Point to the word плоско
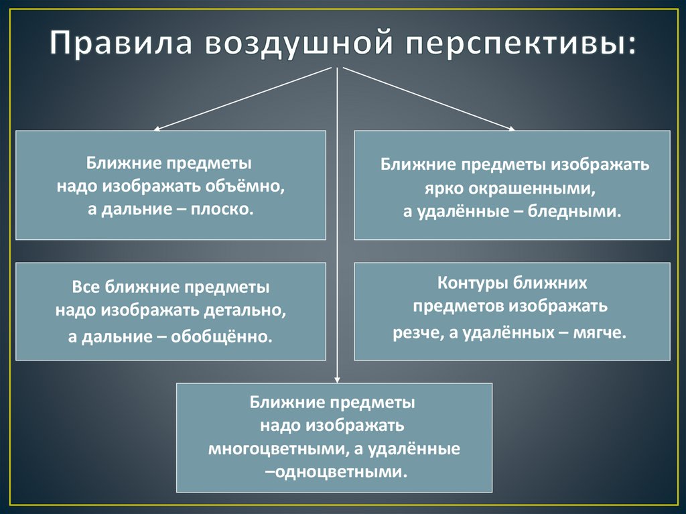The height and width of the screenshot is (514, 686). (224, 209)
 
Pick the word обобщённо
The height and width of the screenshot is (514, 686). (222, 334)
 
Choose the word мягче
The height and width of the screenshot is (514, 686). (600, 332)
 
